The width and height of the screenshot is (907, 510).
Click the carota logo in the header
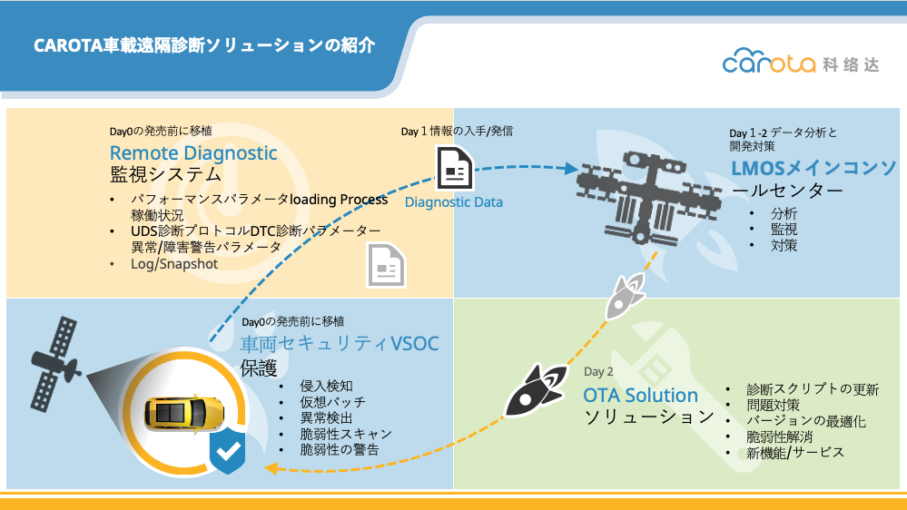pos(801,62)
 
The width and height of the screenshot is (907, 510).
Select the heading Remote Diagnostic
pos(193,153)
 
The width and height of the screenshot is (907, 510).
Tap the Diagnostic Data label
pos(454,202)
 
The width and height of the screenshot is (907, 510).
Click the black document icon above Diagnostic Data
pos(455,168)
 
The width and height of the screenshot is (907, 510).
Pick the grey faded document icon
pos(386,265)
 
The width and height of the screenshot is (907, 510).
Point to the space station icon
pos(649,197)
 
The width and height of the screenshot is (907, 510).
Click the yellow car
pos(184,413)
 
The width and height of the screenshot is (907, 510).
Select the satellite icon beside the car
pos(55,364)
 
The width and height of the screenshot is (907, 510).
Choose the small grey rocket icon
pos(625,296)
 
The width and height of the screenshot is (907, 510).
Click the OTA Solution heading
pos(640,396)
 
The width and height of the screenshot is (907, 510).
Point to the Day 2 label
pos(598,372)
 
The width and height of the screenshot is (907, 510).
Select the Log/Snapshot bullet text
pos(174,264)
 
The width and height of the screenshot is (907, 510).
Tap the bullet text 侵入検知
pos(326,387)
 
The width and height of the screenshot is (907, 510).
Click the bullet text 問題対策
pos(773,405)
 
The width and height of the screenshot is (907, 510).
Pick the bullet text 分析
pos(784,213)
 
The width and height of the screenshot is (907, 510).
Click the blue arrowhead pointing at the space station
pos(571,168)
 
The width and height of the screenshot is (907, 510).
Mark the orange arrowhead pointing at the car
pos(271,467)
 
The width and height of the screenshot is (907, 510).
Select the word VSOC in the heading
pos(415,344)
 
